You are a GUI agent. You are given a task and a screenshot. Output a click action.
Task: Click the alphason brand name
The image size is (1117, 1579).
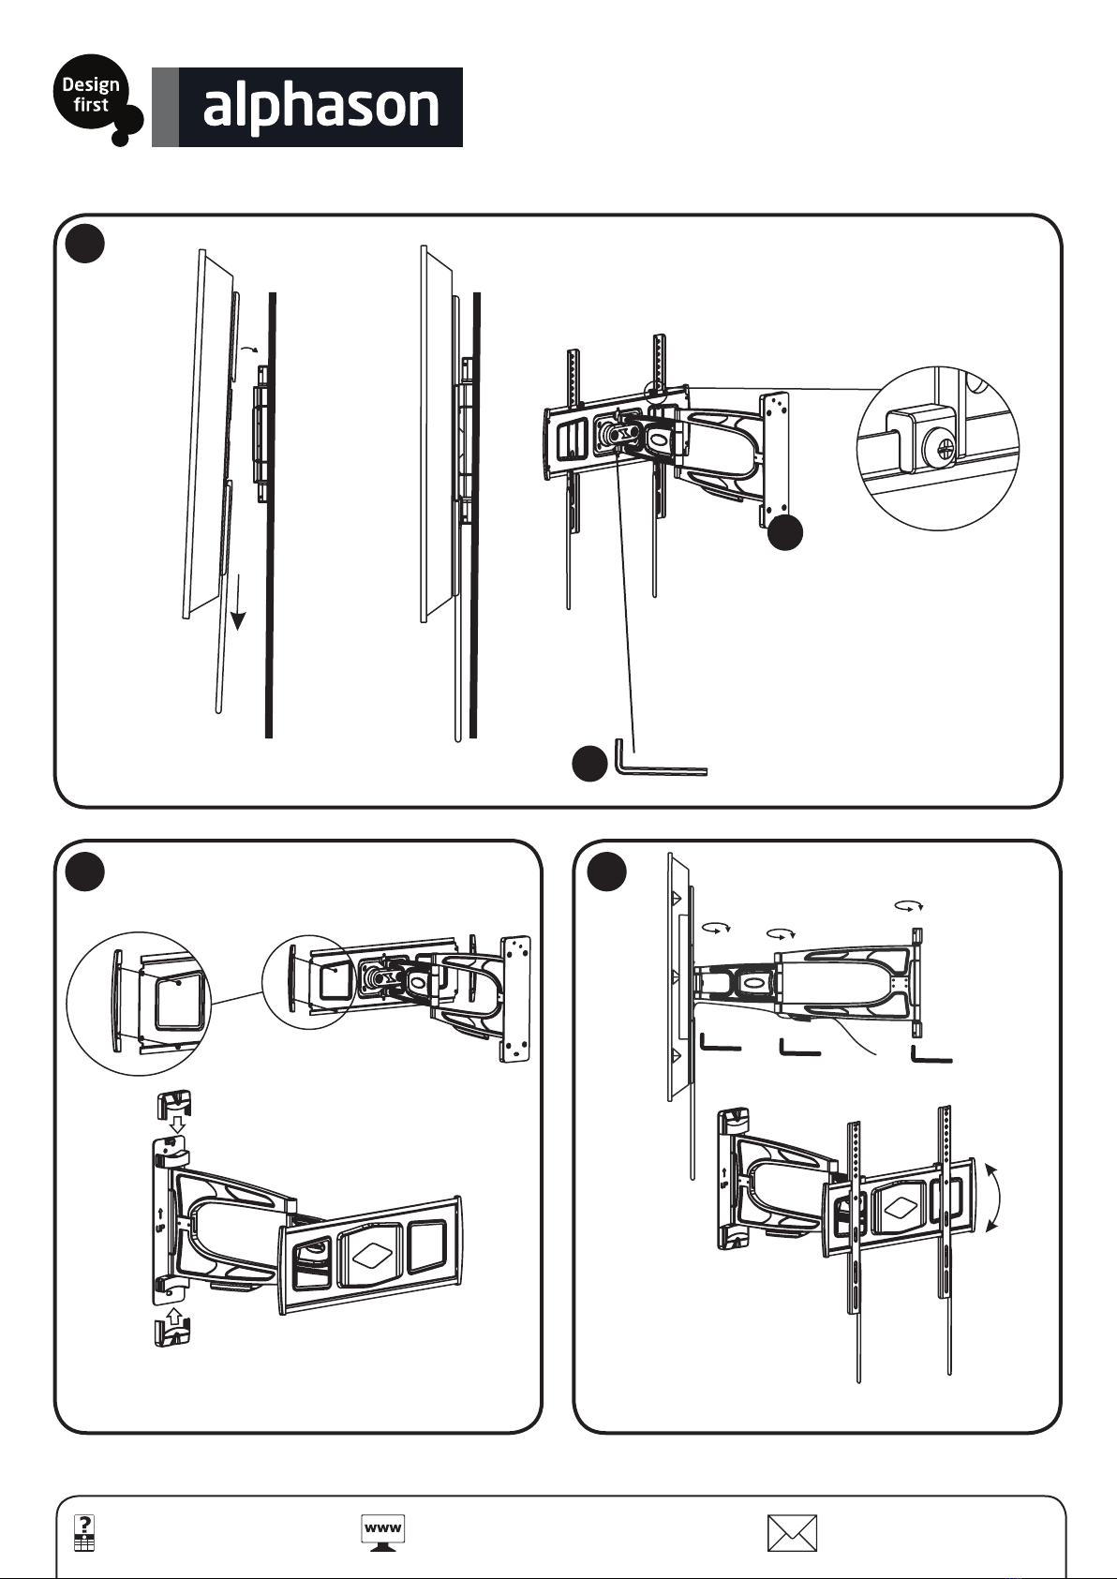click(320, 107)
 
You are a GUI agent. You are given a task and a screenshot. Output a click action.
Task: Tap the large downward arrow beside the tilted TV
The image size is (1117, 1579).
click(238, 602)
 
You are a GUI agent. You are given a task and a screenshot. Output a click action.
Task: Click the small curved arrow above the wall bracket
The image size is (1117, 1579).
click(251, 349)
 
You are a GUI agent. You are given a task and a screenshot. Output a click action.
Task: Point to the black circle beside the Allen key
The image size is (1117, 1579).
click(589, 764)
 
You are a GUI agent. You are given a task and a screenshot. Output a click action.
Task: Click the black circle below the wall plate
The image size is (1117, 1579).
click(784, 532)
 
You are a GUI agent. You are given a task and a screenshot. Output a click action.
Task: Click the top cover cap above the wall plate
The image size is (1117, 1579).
click(173, 1104)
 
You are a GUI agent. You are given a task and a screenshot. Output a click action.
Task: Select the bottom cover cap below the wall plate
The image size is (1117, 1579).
click(172, 1333)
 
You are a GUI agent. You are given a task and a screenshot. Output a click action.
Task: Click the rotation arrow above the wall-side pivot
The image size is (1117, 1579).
click(909, 904)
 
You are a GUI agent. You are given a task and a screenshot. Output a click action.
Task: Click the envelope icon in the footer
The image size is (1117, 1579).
click(792, 1533)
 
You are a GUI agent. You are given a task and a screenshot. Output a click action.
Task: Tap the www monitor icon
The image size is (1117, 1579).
click(382, 1532)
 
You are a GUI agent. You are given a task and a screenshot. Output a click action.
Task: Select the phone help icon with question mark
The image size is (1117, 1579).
click(84, 1533)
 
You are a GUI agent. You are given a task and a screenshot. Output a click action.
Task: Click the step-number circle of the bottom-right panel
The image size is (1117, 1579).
click(607, 872)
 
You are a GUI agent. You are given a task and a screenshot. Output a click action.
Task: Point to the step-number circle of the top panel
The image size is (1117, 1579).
click(85, 244)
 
